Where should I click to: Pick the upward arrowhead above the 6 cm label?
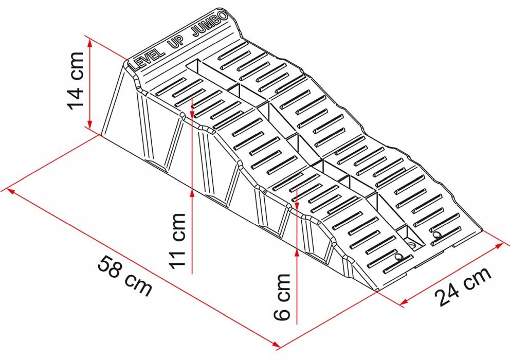pos(298,252)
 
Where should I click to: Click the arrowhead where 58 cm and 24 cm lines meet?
pos(276,343)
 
